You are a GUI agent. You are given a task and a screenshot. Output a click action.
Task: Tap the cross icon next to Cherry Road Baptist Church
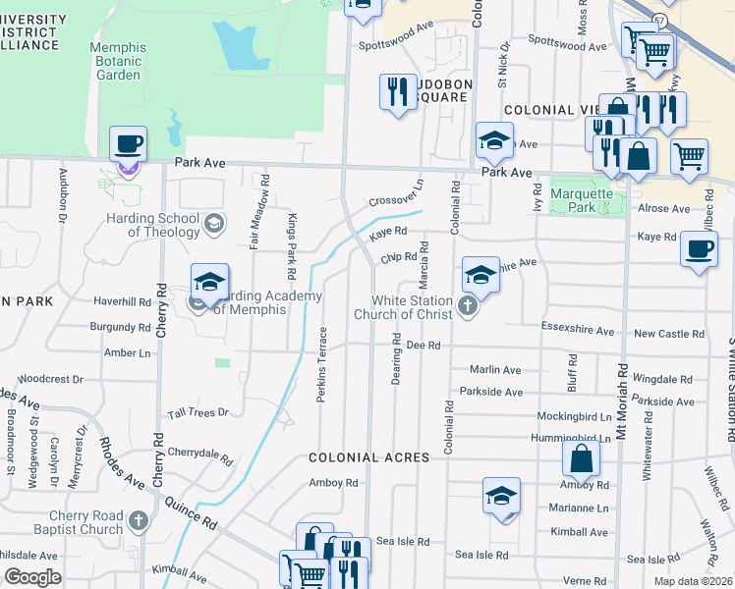pyautogui.click(x=140, y=523)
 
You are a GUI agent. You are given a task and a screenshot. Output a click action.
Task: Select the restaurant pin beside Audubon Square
pyautogui.click(x=397, y=93)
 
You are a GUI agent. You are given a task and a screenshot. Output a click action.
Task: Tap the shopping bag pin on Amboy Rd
pyautogui.click(x=581, y=458)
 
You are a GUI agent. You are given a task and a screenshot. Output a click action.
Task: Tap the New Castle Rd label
pyautogui.click(x=669, y=334)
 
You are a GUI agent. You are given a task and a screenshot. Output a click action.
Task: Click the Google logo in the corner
pyautogui.click(x=33, y=577)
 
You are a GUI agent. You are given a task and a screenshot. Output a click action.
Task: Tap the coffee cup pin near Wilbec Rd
pyautogui.click(x=699, y=248)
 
